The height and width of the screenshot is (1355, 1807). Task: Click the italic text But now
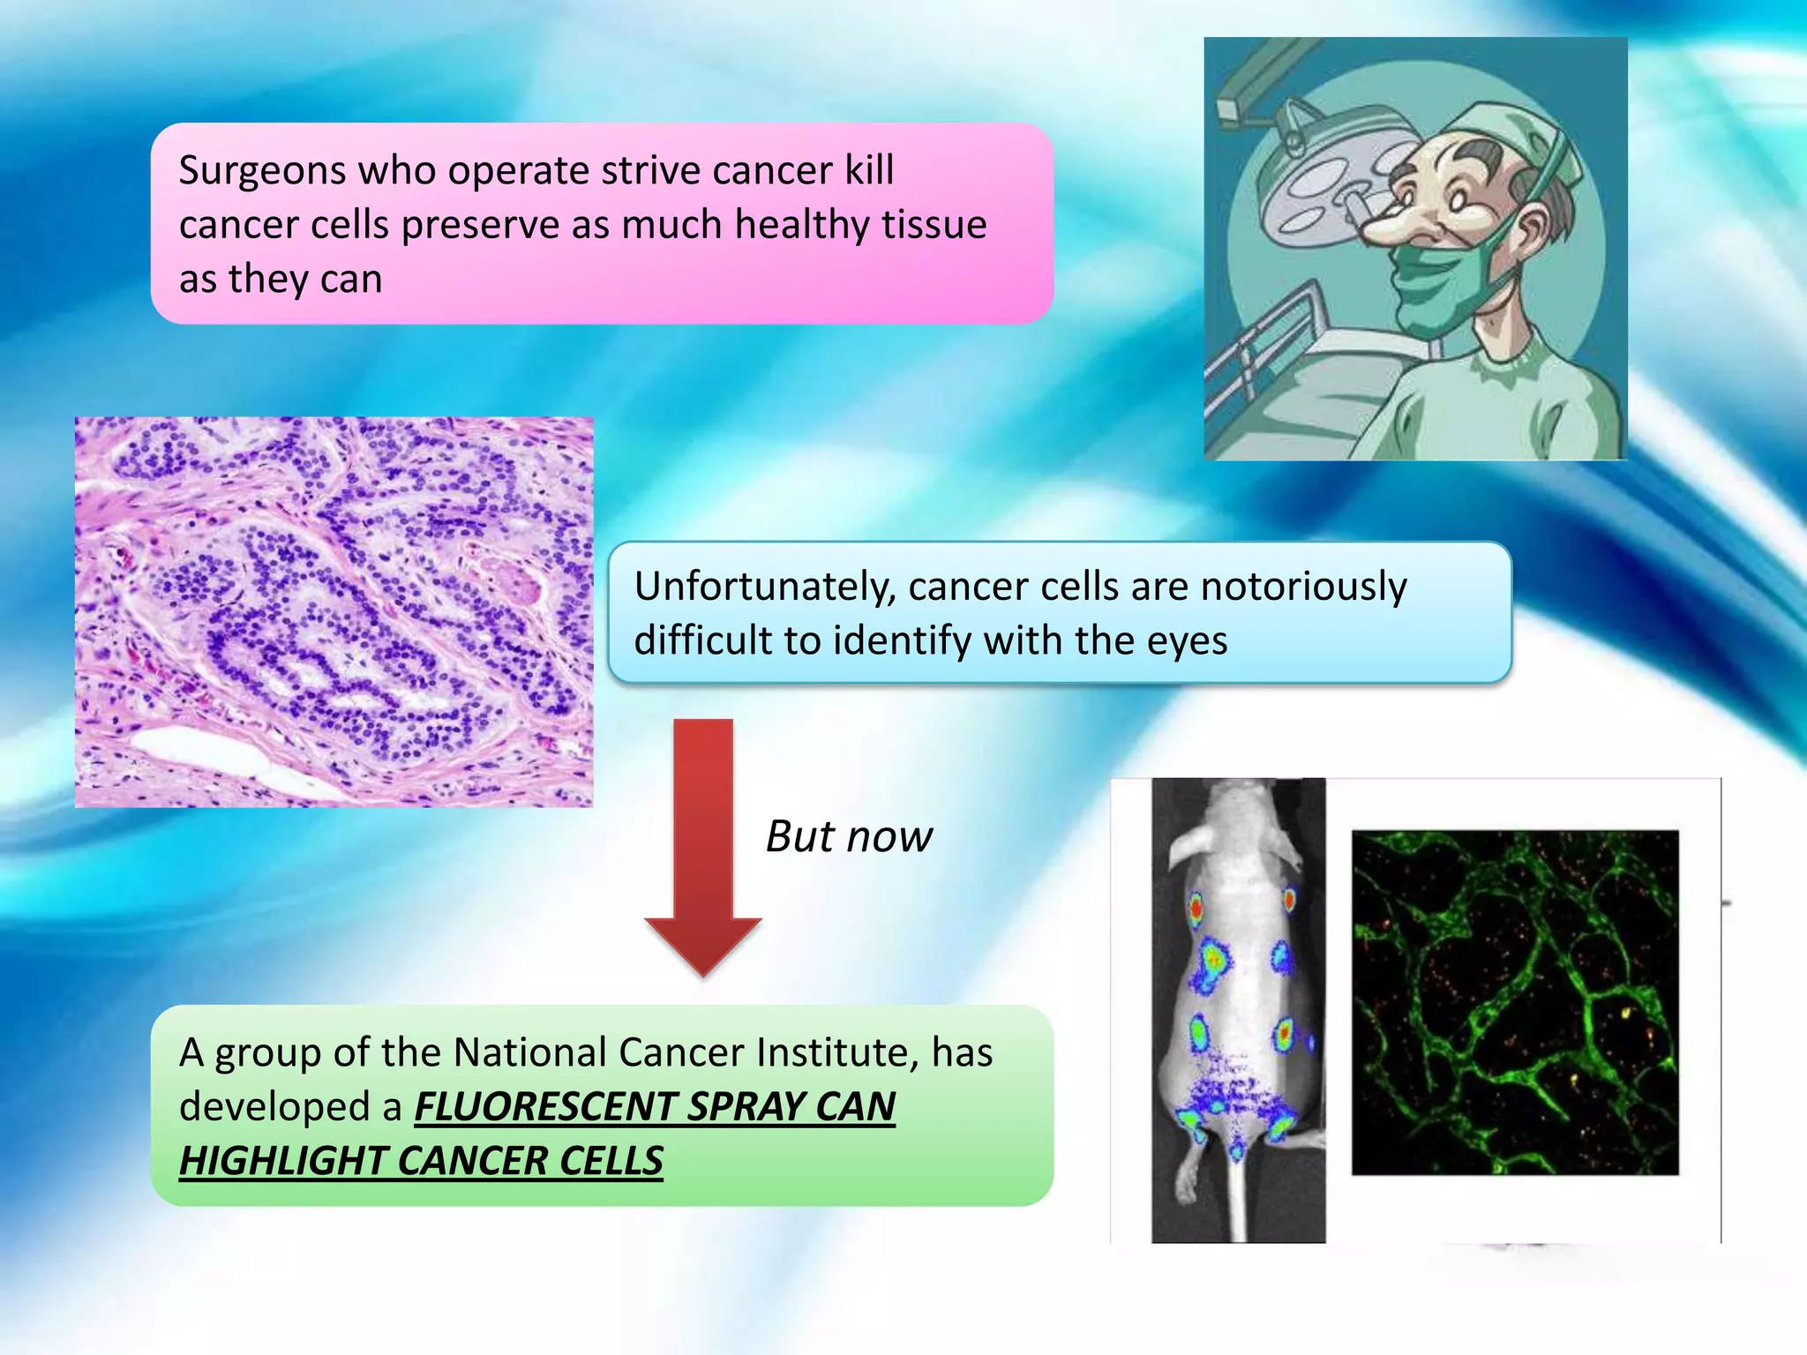848,836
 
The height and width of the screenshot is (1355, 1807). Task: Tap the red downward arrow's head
703,944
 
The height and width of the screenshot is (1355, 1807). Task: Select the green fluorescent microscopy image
1514,1002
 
